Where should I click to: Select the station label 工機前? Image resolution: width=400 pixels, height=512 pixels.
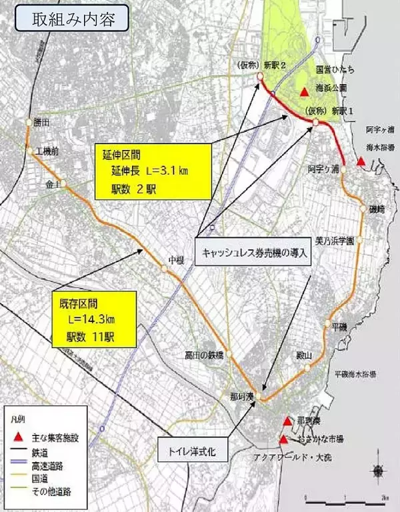click(47, 152)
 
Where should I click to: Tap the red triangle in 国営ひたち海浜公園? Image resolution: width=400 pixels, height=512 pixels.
click(304, 91)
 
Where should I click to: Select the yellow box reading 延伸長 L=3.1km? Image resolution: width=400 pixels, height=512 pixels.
click(139, 172)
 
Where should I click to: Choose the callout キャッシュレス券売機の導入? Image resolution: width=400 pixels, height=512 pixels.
click(253, 251)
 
